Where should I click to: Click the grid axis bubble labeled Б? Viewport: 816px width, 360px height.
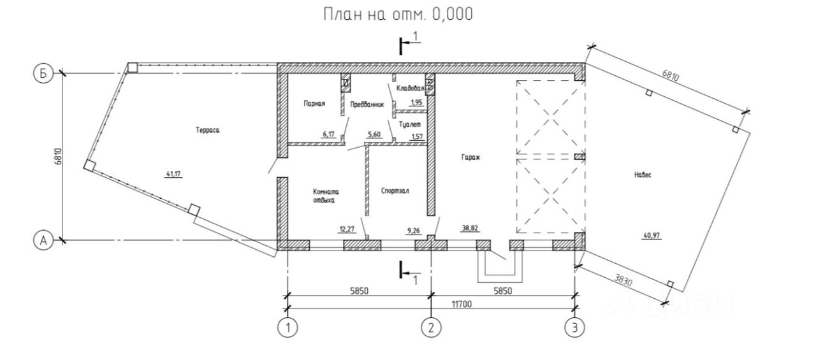click(x=43, y=73)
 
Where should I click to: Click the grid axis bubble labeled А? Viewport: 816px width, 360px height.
click(x=43, y=240)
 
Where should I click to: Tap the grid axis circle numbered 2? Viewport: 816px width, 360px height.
click(x=432, y=328)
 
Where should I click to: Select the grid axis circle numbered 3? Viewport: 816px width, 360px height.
click(x=575, y=328)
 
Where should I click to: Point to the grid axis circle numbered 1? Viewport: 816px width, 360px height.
click(x=288, y=328)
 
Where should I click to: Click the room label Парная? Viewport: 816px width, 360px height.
click(x=314, y=104)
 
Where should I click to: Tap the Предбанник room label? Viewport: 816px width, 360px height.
click(x=367, y=104)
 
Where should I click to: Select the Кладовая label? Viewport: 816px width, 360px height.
click(x=410, y=88)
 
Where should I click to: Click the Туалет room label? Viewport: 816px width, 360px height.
click(x=410, y=124)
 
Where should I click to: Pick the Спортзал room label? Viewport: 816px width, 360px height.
click(x=395, y=191)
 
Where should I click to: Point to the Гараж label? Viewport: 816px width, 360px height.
click(x=471, y=157)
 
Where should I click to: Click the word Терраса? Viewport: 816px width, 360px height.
click(x=208, y=130)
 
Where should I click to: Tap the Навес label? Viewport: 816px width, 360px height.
click(x=643, y=175)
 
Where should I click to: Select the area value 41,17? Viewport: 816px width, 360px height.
click(x=174, y=174)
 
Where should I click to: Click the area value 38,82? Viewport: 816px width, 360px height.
click(x=470, y=228)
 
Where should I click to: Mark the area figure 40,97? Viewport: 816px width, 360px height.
click(x=652, y=236)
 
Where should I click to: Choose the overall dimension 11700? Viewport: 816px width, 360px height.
click(x=462, y=304)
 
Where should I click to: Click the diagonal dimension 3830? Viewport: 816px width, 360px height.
click(x=623, y=280)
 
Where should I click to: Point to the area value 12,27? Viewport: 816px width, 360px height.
click(x=347, y=229)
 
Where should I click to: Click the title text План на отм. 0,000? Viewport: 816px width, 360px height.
click(x=398, y=14)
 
